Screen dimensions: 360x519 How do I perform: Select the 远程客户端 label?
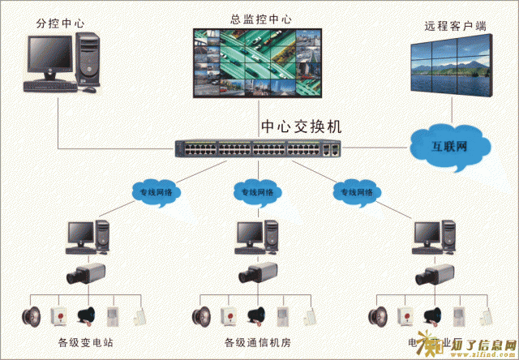pos(455,26)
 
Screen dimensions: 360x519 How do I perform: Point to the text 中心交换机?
pos(302,127)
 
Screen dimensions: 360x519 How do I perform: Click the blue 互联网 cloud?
pos(450,148)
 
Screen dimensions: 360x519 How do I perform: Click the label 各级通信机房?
pos(256,343)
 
